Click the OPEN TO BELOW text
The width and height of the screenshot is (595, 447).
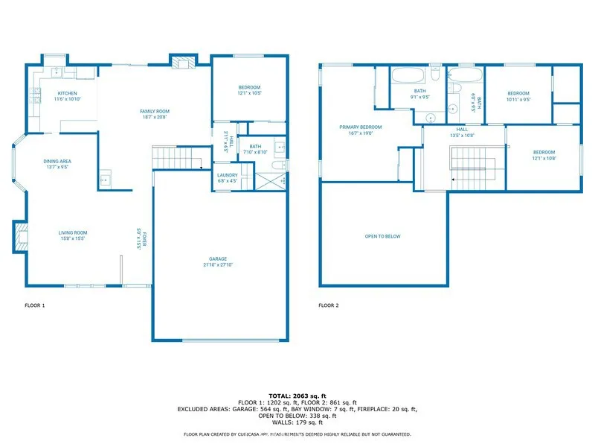[x=382, y=236]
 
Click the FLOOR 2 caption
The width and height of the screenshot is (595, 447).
[x=328, y=305]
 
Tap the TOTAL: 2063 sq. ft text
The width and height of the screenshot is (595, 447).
[x=297, y=396]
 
